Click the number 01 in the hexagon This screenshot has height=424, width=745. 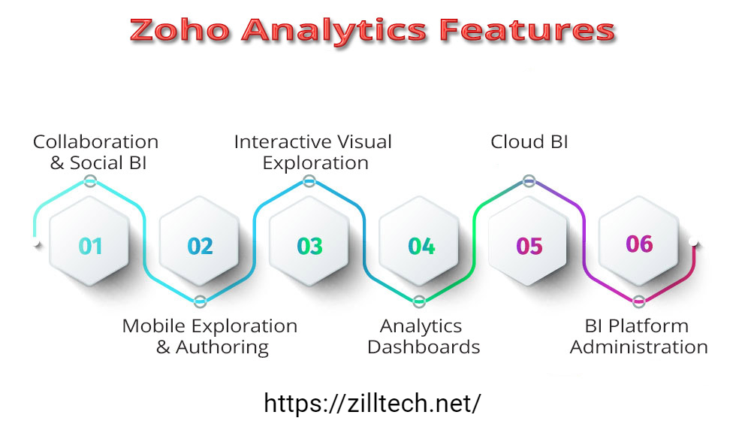point(90,246)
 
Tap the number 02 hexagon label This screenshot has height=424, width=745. point(200,246)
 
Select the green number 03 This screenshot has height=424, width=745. point(309,246)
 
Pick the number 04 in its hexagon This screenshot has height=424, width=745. point(421,246)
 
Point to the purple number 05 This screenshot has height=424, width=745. point(529,246)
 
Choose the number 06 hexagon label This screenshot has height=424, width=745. point(640,244)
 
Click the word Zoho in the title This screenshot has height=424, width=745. point(179,31)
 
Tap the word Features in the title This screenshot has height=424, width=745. point(527,31)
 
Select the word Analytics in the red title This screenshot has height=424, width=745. point(334,32)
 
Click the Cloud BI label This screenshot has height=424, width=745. point(529,142)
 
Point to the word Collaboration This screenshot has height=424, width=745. point(95,142)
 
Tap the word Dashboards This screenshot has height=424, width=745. point(424,347)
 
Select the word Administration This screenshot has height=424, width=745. point(639,347)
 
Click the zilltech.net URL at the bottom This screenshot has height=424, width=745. point(372,404)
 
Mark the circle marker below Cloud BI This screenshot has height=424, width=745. point(529,181)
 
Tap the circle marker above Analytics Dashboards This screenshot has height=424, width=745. point(419,301)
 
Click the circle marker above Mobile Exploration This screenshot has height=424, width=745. point(200,301)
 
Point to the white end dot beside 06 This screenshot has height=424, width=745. point(694,242)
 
